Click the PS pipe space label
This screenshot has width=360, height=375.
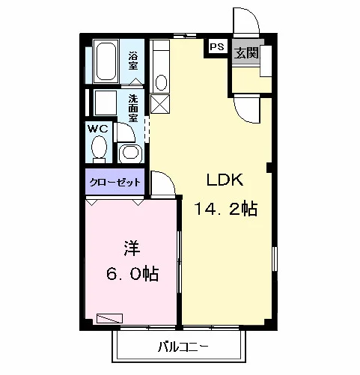[217, 46]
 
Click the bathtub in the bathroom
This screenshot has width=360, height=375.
[106, 61]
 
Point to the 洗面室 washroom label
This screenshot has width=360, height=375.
[133, 109]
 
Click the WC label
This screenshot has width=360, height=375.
[98, 129]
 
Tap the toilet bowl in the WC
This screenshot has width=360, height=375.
[99, 147]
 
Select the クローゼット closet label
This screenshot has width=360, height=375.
[115, 182]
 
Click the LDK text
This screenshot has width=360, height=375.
[225, 180]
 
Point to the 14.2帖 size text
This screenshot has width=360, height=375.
[226, 209]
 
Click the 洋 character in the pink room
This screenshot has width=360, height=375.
[132, 248]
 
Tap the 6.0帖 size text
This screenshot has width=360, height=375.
[132, 274]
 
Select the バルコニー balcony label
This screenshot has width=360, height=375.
[183, 347]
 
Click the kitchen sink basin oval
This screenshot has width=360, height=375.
[161, 82]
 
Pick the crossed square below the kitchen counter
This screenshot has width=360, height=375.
[160, 104]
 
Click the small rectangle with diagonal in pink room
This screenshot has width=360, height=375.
[109, 318]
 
